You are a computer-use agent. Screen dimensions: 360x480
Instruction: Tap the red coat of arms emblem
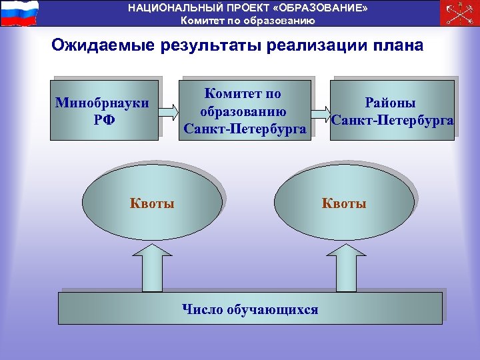(459, 13)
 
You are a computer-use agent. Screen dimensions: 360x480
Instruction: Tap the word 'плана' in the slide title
(399, 45)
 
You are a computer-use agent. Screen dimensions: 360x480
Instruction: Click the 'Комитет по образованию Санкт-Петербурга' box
(246, 111)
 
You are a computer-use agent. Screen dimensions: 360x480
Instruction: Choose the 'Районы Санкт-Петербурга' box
(391, 111)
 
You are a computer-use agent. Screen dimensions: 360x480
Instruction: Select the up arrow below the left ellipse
(152, 267)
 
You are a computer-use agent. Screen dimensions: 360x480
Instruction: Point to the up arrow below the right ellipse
(344, 267)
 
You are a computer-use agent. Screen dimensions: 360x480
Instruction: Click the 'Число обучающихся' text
(250, 309)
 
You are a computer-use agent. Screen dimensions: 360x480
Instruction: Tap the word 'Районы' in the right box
(390, 103)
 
